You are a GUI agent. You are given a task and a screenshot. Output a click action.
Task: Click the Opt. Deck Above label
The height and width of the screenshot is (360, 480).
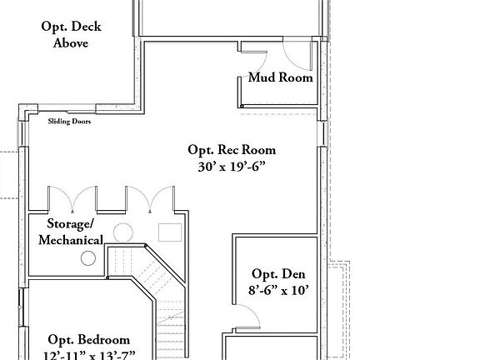click(71, 35)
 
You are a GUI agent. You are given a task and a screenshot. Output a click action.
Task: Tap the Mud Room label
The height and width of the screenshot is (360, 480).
click(281, 78)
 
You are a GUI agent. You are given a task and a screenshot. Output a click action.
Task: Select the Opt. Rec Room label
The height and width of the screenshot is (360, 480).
click(231, 150)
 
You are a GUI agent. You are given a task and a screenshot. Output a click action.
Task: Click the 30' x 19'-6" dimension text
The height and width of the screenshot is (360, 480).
click(231, 166)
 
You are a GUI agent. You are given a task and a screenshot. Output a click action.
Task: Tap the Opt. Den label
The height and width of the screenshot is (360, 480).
click(278, 274)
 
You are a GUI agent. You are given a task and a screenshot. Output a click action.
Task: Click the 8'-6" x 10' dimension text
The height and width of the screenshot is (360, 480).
click(278, 291)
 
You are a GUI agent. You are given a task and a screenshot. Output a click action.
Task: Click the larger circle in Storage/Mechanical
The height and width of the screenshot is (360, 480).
click(123, 232)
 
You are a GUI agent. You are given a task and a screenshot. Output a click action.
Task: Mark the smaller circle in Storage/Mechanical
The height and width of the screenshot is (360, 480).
click(87, 258)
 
